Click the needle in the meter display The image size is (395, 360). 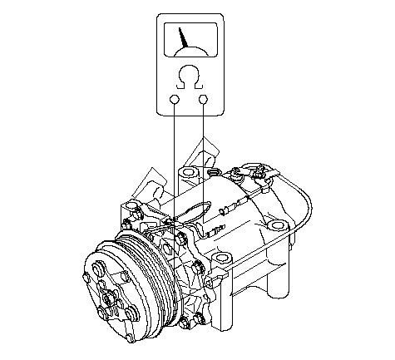[183, 37]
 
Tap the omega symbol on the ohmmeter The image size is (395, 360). [189, 77]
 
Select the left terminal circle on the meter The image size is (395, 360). [175, 99]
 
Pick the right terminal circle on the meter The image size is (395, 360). [204, 99]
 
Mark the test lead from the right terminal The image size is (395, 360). [204, 163]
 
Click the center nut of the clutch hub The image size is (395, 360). [108, 298]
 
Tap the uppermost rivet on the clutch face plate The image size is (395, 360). [97, 269]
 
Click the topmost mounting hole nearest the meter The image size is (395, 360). [189, 172]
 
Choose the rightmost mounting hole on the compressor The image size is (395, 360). [276, 225]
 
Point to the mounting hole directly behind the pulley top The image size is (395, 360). [131, 206]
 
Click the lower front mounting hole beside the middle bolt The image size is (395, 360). [221, 259]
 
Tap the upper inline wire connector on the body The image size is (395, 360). [234, 206]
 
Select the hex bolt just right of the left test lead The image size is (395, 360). [181, 239]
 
